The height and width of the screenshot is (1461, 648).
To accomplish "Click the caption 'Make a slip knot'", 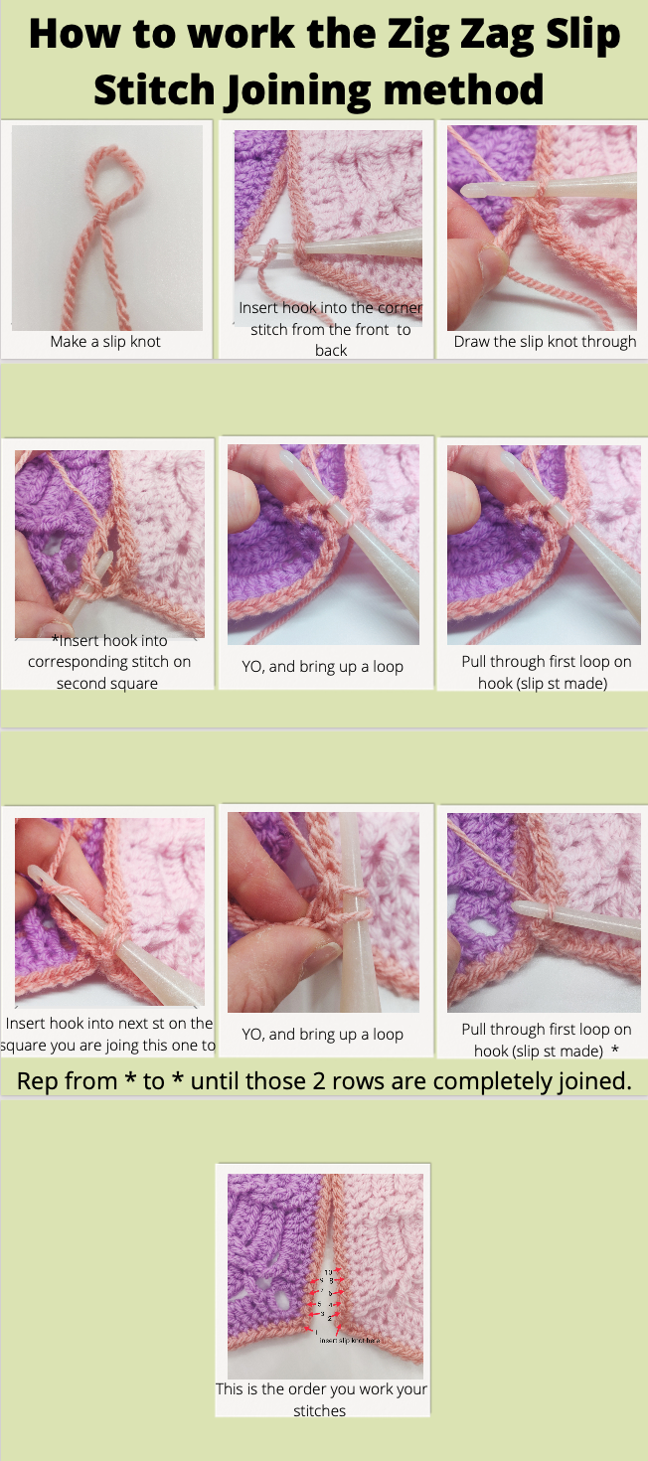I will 105,342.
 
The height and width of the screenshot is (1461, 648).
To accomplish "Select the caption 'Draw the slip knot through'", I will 545,342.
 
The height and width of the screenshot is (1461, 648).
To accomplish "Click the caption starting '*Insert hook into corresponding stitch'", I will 109,662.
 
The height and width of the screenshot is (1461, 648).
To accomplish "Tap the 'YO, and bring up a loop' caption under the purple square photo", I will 322,667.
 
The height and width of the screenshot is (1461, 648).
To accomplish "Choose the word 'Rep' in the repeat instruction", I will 39,1081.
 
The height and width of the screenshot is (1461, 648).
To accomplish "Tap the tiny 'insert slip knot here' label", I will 349,1341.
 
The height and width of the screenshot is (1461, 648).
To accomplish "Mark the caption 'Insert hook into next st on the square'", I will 108,1034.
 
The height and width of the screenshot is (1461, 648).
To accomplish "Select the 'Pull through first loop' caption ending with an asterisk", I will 546,1040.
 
